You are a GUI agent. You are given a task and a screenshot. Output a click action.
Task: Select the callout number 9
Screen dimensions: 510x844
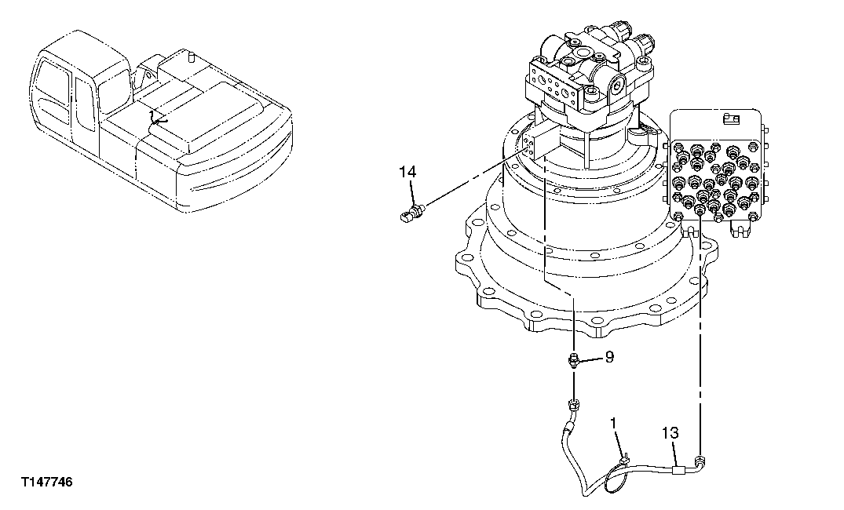click(608, 357)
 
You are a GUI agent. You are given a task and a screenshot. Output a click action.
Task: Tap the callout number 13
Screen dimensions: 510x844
click(669, 432)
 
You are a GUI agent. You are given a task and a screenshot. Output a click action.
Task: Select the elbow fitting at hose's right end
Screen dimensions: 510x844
click(698, 462)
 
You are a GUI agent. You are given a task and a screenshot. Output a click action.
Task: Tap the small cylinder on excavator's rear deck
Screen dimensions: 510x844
click(190, 56)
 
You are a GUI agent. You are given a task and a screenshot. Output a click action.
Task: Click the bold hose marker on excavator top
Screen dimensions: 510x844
click(159, 119)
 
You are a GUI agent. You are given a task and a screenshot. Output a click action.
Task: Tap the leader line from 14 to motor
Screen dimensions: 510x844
click(471, 180)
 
